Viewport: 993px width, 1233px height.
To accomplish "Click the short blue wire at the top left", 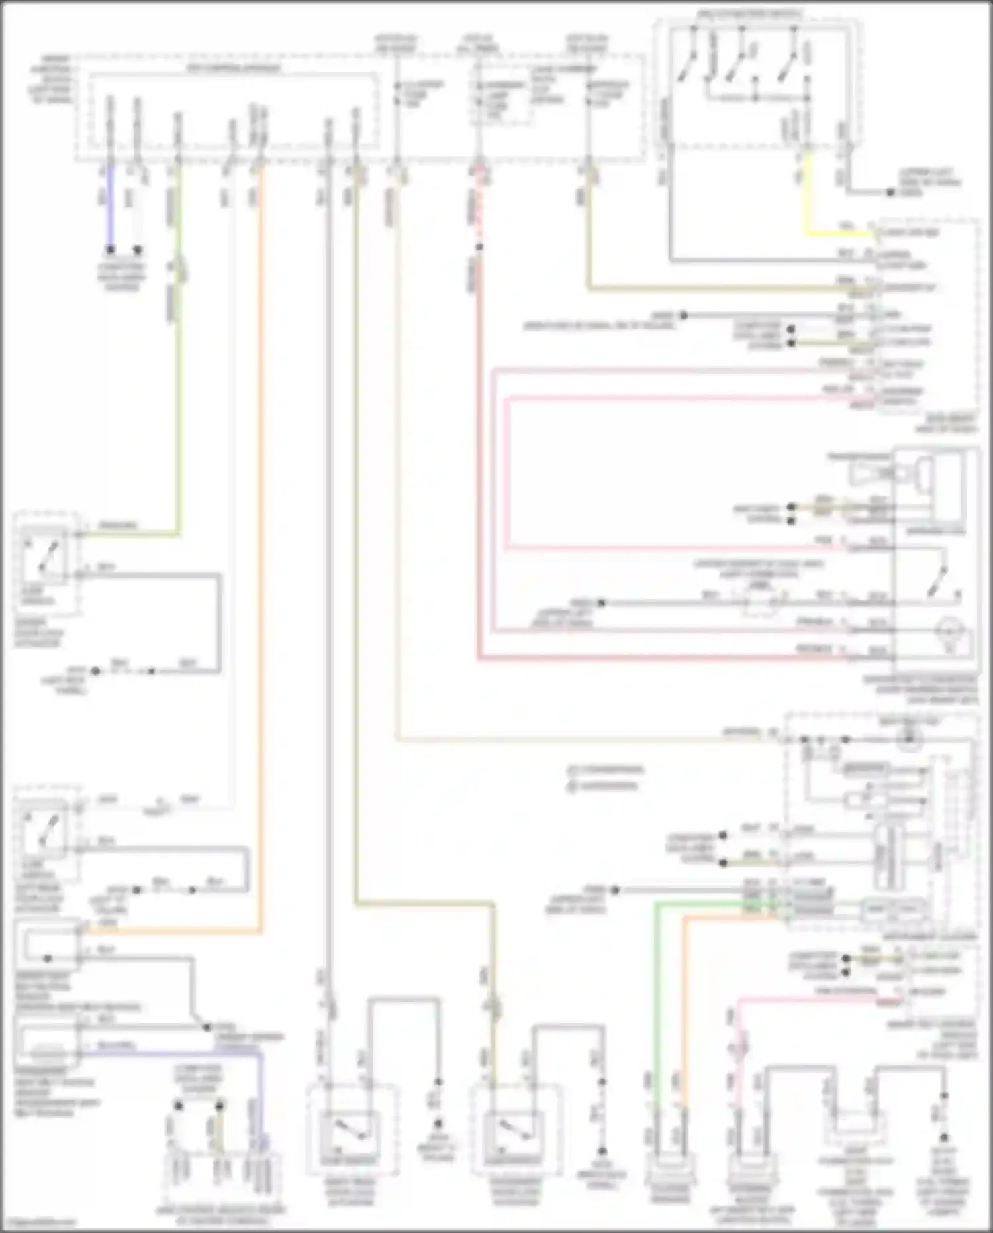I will pos(110,205).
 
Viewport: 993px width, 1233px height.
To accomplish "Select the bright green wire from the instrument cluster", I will pos(656,994).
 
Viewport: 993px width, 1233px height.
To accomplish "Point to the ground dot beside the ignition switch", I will pos(890,193).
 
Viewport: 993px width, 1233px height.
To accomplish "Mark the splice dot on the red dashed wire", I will pos(479,248).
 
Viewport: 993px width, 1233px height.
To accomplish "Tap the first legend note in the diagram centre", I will pos(605,770).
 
